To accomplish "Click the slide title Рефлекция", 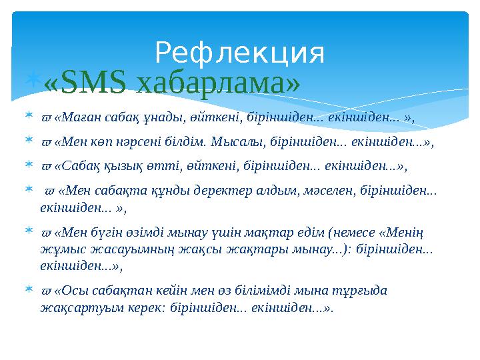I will click(239, 53).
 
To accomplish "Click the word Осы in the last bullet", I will click(73, 291).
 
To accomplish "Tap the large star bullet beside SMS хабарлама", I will click(35, 82).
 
